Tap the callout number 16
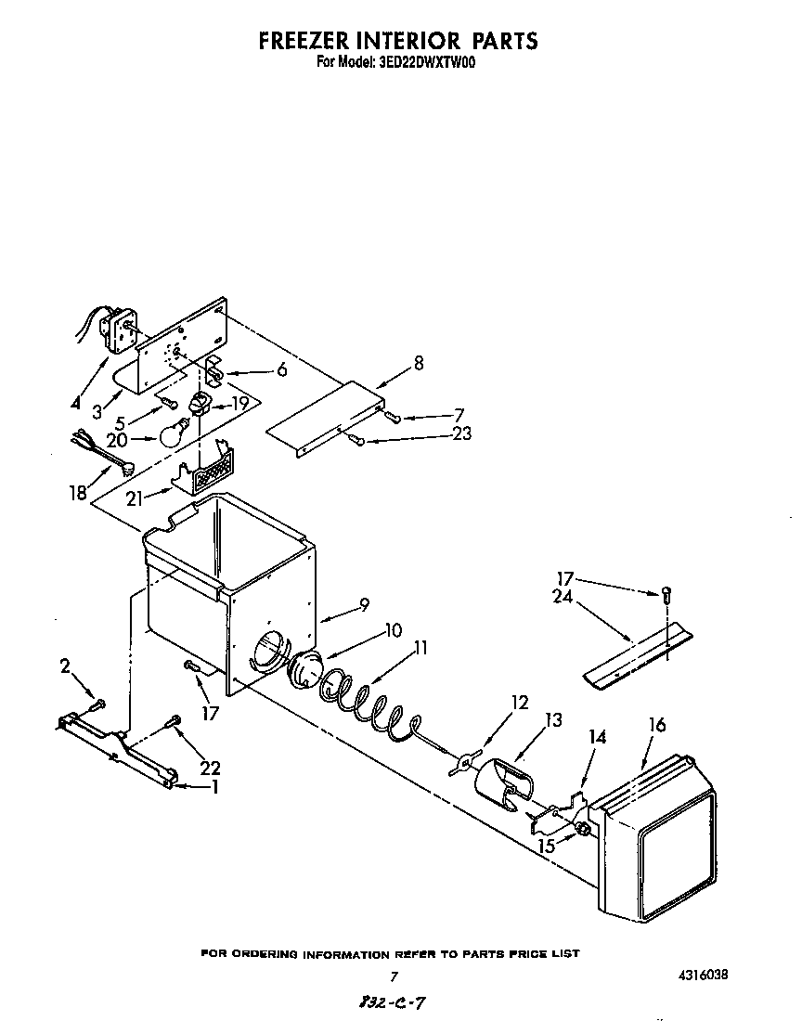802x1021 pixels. [x=656, y=725]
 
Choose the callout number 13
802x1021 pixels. [x=553, y=719]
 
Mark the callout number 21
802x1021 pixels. [x=135, y=498]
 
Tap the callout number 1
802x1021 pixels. [x=216, y=787]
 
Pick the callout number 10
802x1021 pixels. [x=394, y=630]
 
